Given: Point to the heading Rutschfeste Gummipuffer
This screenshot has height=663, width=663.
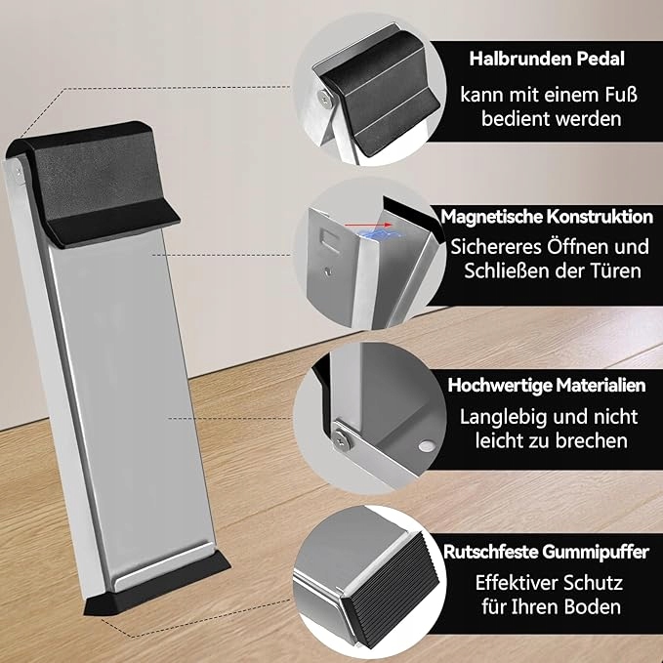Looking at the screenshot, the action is (546, 553).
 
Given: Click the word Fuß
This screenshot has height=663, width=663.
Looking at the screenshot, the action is (606, 97).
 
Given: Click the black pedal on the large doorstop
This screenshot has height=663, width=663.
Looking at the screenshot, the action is (98, 171).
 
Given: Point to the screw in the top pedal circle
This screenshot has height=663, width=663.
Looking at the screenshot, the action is (323, 95).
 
